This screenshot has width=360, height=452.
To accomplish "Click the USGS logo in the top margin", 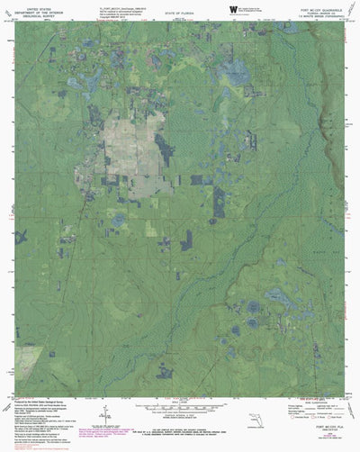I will tap(232, 11).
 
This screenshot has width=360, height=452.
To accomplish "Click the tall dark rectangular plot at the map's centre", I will tap(219, 203).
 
